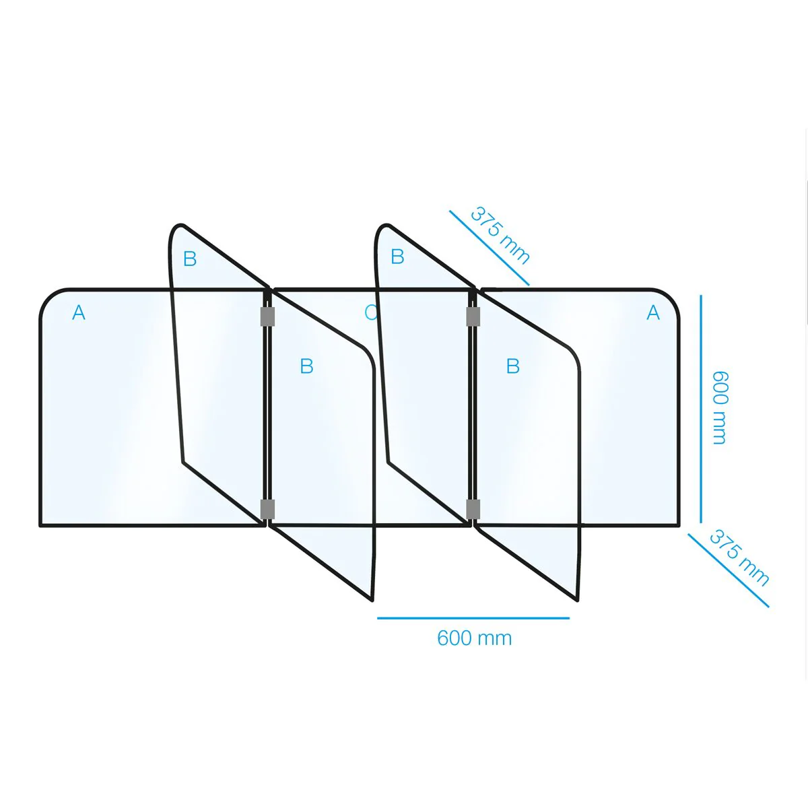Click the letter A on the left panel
(79, 313)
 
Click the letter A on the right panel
(653, 313)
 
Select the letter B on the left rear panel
(190, 259)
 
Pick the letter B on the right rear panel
(397, 257)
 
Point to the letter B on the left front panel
(306, 366)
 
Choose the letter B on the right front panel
(513, 366)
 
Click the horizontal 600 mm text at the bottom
(474, 638)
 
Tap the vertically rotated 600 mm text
(720, 407)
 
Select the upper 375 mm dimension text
(500, 235)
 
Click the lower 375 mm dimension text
(739, 558)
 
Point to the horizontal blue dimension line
(473, 618)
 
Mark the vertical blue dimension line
(701, 409)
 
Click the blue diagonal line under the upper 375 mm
(490, 248)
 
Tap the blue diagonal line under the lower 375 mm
(729, 570)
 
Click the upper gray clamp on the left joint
(267, 316)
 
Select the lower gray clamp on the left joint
(267, 508)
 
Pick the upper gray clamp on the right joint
(473, 316)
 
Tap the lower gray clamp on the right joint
(473, 508)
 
